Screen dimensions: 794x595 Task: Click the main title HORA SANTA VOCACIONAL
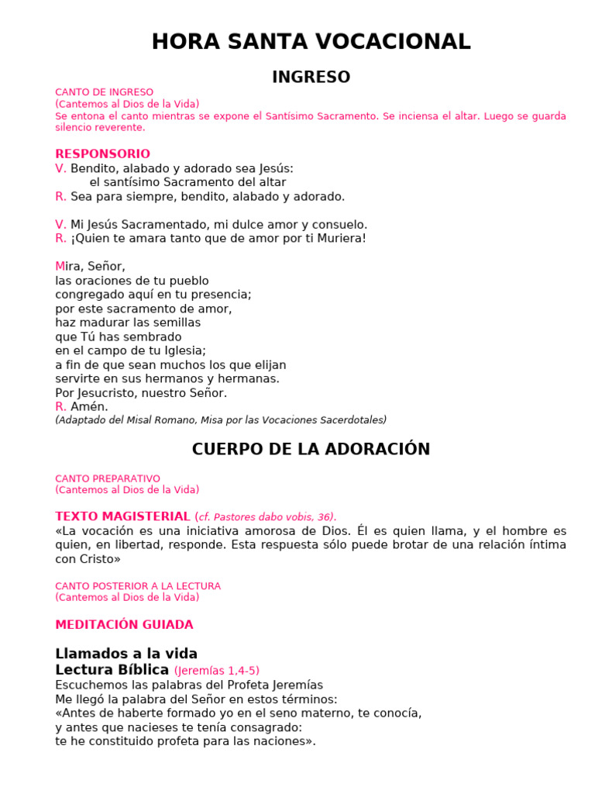click(x=311, y=42)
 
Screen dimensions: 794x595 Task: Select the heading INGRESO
click(x=311, y=78)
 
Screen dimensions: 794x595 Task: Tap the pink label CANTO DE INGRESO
click(x=105, y=92)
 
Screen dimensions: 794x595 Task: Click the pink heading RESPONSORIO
click(x=102, y=154)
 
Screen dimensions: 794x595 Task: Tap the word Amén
click(x=89, y=406)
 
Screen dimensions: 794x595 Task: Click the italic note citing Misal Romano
click(x=221, y=420)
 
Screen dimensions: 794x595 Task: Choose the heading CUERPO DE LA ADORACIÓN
click(x=311, y=450)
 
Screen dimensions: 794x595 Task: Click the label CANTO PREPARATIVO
click(x=108, y=479)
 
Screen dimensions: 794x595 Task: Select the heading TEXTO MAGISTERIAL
click(x=122, y=516)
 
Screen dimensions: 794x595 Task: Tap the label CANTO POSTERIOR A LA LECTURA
click(x=138, y=586)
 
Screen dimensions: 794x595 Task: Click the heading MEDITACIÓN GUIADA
click(x=124, y=625)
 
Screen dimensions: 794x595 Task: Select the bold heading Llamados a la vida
click(x=126, y=654)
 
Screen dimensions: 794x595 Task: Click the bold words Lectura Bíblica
click(x=112, y=670)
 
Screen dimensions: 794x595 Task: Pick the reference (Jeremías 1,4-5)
click(x=216, y=671)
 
